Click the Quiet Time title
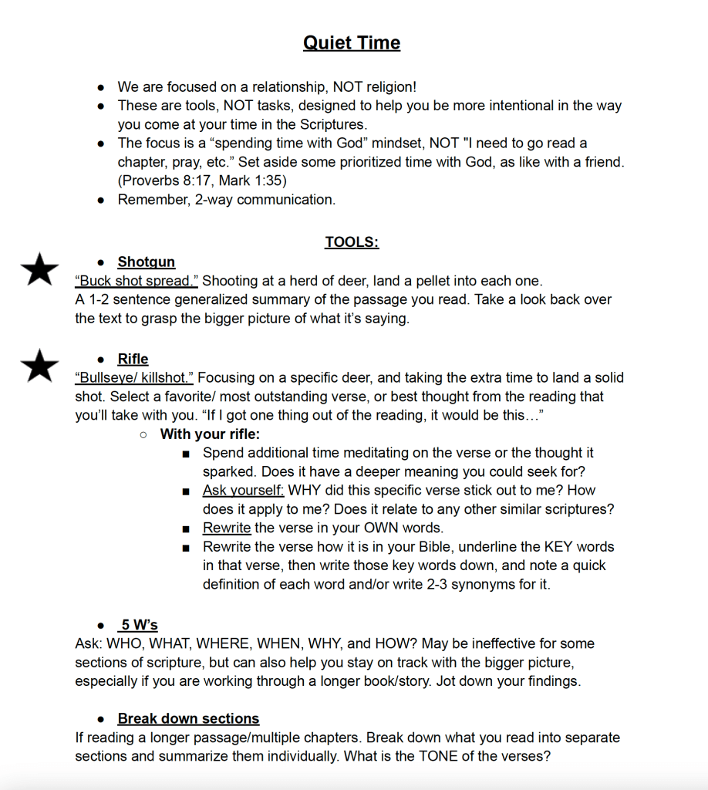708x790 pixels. tap(352, 42)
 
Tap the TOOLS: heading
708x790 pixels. tap(352, 242)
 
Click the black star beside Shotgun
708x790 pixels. tap(39, 269)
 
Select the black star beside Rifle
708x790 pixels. tap(39, 365)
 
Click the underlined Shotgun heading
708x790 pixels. tap(147, 262)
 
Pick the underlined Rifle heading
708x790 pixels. tap(133, 359)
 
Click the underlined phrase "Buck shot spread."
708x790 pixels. tap(137, 281)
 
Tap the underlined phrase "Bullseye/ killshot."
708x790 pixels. tap(134, 377)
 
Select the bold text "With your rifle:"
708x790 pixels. tap(210, 434)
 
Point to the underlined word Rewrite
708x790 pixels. tap(227, 528)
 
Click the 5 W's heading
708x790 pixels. tap(139, 625)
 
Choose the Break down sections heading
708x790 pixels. tap(188, 718)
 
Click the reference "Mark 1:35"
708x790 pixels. tap(241, 181)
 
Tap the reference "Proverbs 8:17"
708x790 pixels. tap(161, 181)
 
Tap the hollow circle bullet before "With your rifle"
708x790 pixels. tap(143, 434)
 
